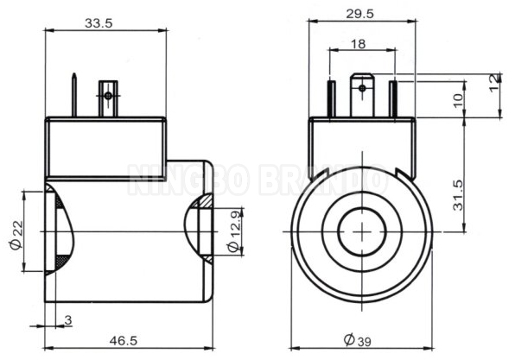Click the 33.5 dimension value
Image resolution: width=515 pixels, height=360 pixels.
99,23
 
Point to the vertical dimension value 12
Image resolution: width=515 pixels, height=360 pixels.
494,81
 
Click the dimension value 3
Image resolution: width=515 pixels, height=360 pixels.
68,320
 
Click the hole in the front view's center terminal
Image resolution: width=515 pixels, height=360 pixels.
360,85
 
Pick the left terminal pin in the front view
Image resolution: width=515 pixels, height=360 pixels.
331,99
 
